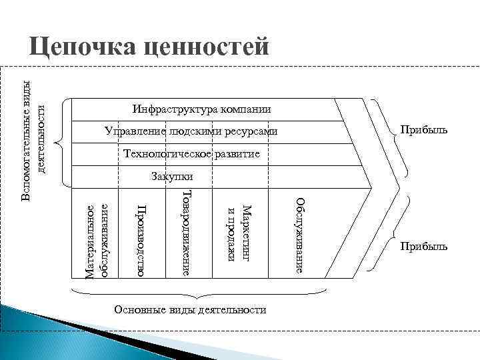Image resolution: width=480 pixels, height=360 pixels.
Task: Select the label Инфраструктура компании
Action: pos(202,109)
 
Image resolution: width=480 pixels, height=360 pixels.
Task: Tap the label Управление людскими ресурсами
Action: pos(191,131)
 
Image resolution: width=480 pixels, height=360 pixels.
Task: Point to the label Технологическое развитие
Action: pos(192,155)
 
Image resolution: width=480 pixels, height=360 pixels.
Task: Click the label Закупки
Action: pos(172,177)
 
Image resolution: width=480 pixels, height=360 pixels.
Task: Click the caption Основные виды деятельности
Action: pos(190,309)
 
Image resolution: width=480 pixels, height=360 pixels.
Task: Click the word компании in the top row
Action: pos(248,109)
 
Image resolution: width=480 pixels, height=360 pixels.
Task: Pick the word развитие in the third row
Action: pos(237,155)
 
